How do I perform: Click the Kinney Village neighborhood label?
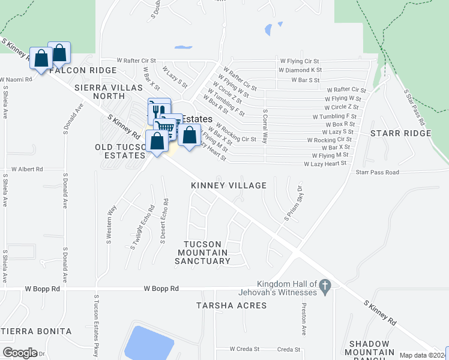[229, 185]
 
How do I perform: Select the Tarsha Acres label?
[232, 305]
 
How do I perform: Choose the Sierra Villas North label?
[100, 92]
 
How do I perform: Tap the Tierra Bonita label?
[37, 331]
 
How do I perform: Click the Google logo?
[19, 353]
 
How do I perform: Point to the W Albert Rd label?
[27, 170]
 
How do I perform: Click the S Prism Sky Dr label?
[295, 203]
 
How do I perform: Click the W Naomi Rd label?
[16, 79]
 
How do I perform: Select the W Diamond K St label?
[300, 70]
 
